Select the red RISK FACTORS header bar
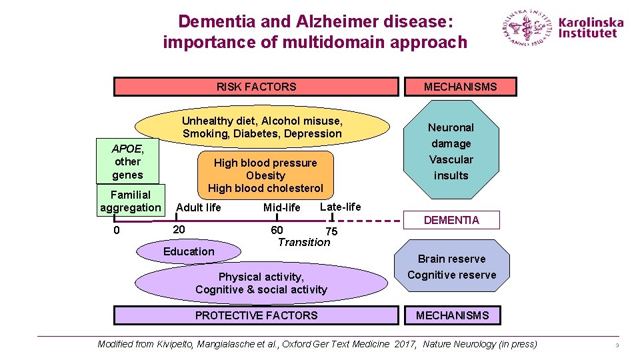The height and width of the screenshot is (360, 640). (x=257, y=87)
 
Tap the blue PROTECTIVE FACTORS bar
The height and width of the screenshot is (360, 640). (x=257, y=315)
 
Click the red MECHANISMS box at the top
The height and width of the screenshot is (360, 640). (x=460, y=87)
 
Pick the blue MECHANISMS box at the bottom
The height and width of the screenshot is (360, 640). (x=453, y=315)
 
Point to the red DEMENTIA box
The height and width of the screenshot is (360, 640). (x=451, y=220)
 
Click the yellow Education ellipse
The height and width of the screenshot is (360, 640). (x=189, y=251)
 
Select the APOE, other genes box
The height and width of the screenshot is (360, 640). (x=128, y=161)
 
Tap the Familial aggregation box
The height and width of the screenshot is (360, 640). (x=131, y=201)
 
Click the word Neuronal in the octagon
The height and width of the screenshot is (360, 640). (x=451, y=127)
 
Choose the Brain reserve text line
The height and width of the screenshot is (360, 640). (x=451, y=259)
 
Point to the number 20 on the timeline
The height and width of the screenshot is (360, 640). (x=179, y=229)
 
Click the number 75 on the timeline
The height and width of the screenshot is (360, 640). (x=331, y=231)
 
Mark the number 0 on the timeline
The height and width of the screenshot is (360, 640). (x=116, y=231)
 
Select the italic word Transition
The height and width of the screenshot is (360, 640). (x=304, y=242)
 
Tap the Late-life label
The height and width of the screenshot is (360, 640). (x=341, y=207)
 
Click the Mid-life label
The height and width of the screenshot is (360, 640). (x=282, y=208)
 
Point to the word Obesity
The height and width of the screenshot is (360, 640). (x=265, y=175)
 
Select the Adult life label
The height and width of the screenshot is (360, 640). (x=199, y=207)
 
